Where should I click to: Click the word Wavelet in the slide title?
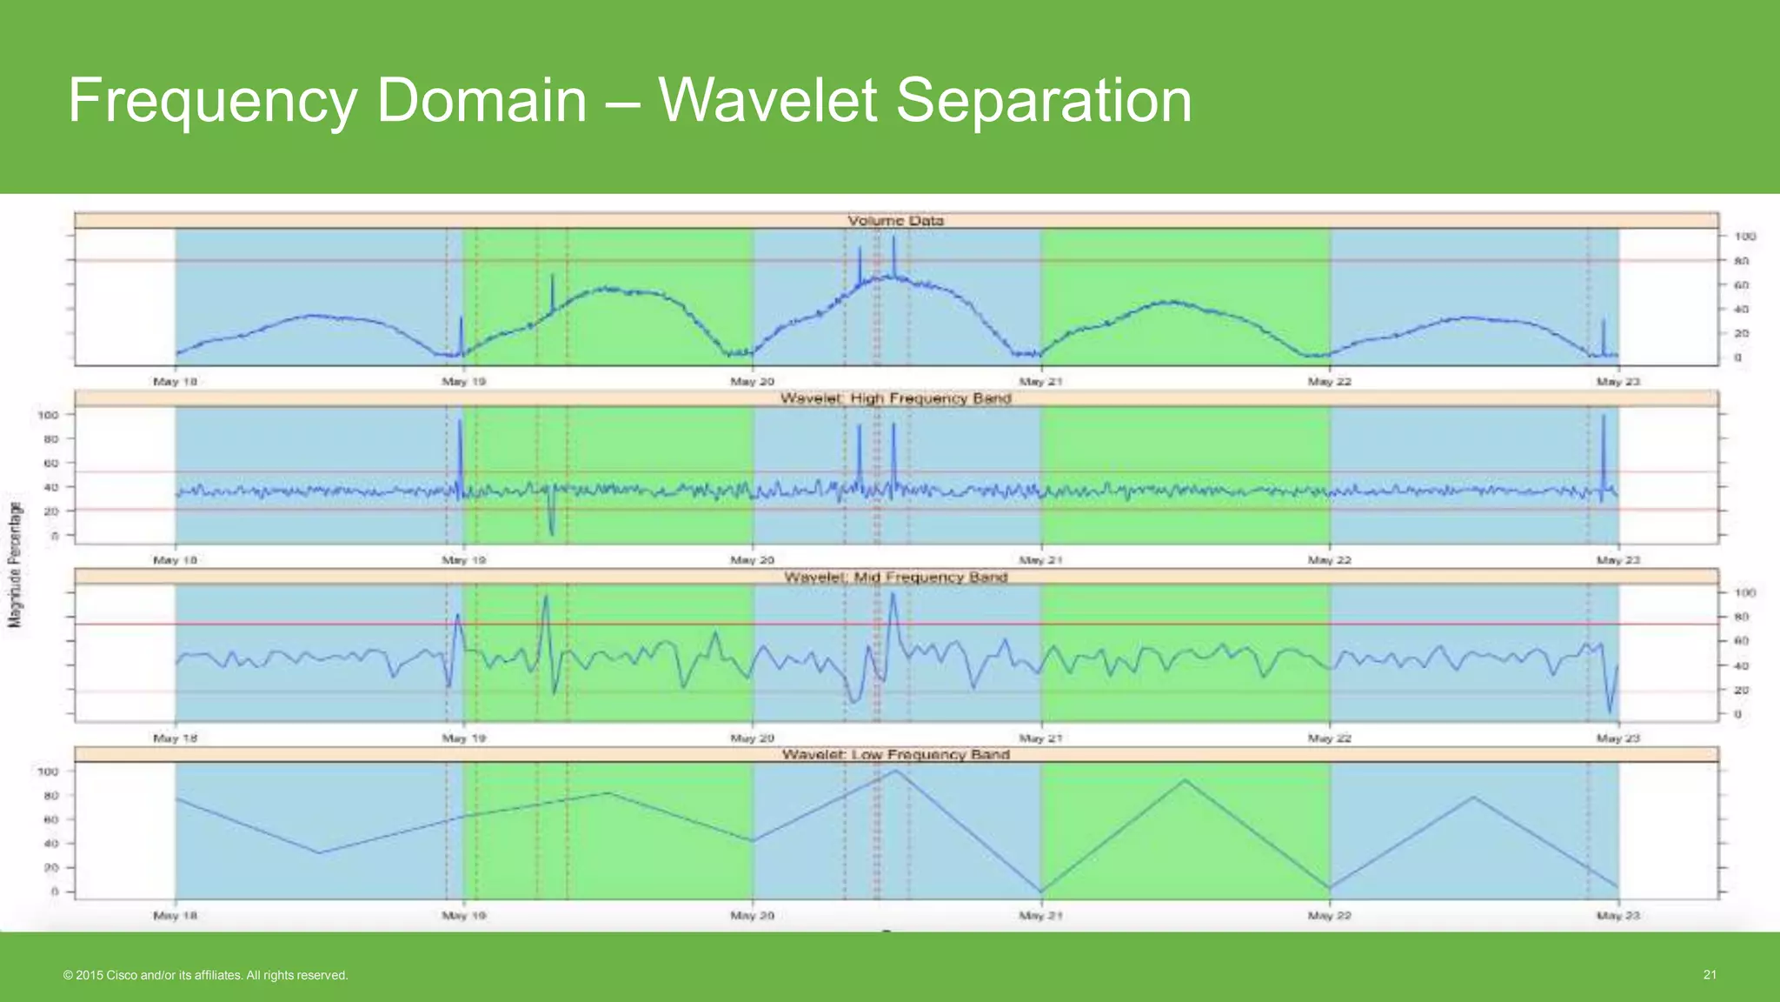pyautogui.click(x=767, y=101)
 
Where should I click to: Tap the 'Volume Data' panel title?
pyautogui.click(x=895, y=221)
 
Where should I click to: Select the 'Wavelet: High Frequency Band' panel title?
pyautogui.click(x=895, y=398)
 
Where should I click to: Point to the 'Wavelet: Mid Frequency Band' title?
pyautogui.click(x=895, y=577)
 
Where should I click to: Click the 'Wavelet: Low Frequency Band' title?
pyautogui.click(x=895, y=754)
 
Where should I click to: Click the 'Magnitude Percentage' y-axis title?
pyautogui.click(x=15, y=564)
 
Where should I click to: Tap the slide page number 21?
pyautogui.click(x=1710, y=975)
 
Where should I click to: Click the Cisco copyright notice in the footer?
pyautogui.click(x=206, y=976)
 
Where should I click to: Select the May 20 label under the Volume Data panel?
pyautogui.click(x=752, y=382)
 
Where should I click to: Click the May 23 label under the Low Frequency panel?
pyautogui.click(x=1609, y=916)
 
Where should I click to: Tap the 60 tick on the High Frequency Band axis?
pyautogui.click(x=49, y=463)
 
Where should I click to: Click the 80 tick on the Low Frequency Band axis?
pyautogui.click(x=50, y=795)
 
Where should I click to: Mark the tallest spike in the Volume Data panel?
pyautogui.click(x=893, y=240)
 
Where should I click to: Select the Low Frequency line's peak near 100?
pyautogui.click(x=895, y=772)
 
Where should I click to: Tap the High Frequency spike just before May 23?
pyautogui.click(x=1604, y=417)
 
